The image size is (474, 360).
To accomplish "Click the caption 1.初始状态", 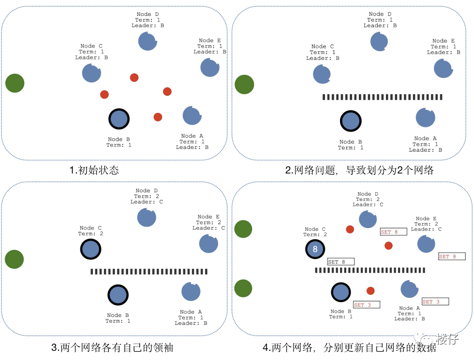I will tap(94, 170).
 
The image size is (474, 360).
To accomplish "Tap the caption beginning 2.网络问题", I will tap(359, 170).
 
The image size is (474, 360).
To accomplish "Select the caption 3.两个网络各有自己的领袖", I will tap(112, 347).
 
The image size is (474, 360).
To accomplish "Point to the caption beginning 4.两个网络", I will tap(349, 347).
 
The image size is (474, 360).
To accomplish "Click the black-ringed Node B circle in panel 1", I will tap(119, 119).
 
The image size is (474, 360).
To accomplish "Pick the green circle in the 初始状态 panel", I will tap(15, 83).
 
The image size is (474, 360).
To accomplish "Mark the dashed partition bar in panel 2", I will tap(383, 97).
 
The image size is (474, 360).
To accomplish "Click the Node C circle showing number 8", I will tap(315, 249).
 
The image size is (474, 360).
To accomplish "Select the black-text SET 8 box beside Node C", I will tap(341, 262).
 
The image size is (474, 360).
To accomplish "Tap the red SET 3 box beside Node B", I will tap(366, 305).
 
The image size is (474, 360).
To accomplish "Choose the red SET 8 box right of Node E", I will tap(451, 257).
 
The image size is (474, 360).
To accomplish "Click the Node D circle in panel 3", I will tap(147, 217).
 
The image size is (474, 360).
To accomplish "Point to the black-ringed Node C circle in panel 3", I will tap(90, 249).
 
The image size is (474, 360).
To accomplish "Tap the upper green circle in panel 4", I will tap(243, 229).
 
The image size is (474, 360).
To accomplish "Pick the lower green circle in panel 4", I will tap(243, 288).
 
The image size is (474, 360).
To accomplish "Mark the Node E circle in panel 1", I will tap(210, 68).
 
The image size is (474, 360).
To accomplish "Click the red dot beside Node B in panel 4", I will tap(370, 291).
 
